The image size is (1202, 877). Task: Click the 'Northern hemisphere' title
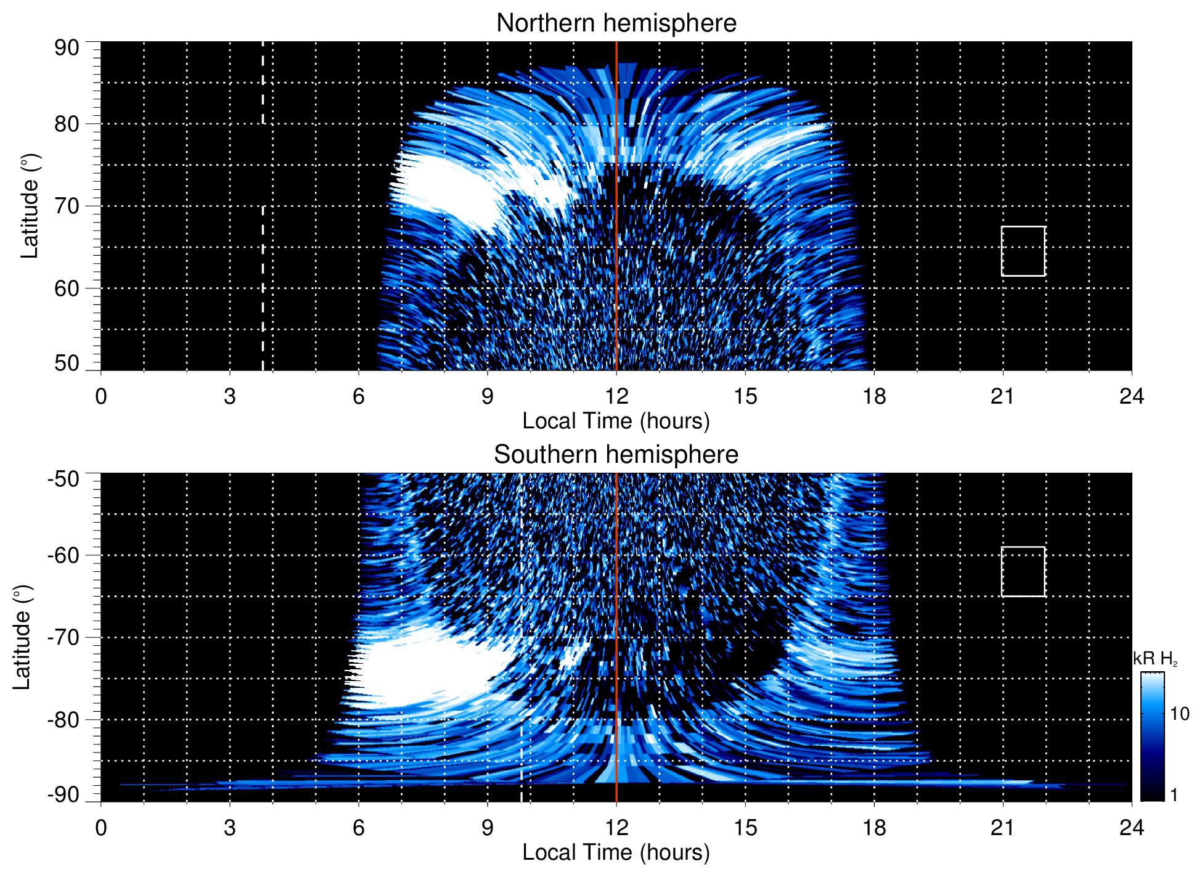(x=616, y=23)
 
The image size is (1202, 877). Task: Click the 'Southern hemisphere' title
(x=616, y=455)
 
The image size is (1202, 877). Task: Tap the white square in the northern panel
(x=1023, y=251)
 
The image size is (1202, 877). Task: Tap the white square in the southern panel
(x=1023, y=571)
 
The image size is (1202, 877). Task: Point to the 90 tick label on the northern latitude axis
(x=67, y=48)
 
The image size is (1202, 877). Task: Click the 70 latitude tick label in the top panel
(x=67, y=206)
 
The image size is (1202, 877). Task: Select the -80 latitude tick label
(x=63, y=719)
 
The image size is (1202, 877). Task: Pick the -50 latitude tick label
(x=63, y=479)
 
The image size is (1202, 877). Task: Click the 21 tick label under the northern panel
(x=1003, y=396)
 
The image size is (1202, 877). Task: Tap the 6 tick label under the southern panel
(x=359, y=828)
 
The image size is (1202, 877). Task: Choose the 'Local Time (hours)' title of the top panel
(x=616, y=421)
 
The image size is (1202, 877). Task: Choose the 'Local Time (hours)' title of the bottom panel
(x=616, y=852)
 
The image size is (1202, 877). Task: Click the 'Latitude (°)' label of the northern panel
(x=30, y=206)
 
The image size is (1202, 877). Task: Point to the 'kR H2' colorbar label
(x=1155, y=659)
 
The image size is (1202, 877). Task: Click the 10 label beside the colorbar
(x=1179, y=714)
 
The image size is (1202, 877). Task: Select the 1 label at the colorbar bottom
(x=1174, y=795)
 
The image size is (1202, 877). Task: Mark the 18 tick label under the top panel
(x=874, y=396)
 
